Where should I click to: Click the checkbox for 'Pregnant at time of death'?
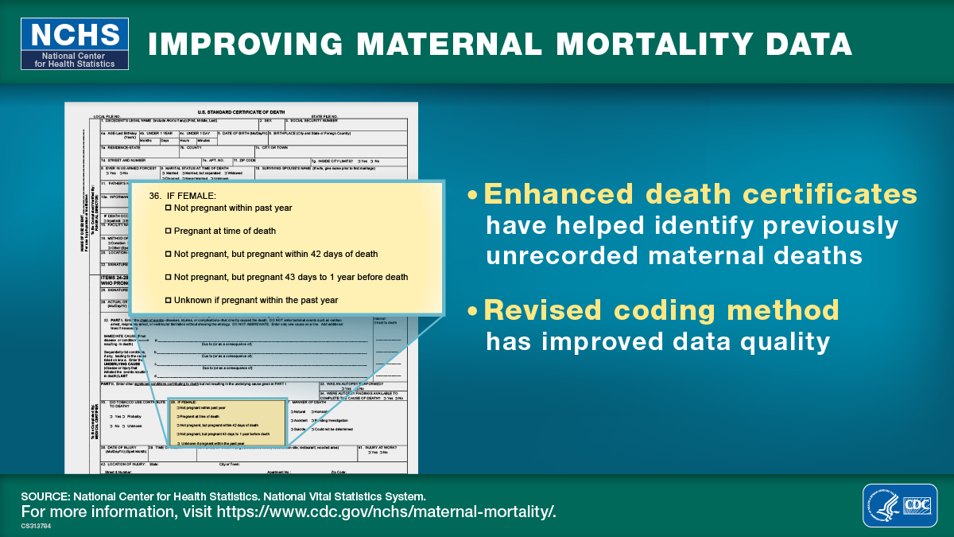tap(168, 231)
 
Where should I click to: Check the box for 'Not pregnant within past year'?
tap(168, 208)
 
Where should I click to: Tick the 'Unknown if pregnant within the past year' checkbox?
tap(168, 300)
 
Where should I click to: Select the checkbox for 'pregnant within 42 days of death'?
tap(168, 254)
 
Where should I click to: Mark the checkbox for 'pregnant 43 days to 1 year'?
tap(168, 277)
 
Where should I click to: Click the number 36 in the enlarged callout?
tap(155, 195)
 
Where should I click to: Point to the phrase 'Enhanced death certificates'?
tap(700, 194)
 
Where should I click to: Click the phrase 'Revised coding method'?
tap(661, 309)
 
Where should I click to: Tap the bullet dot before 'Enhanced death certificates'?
tap(474, 196)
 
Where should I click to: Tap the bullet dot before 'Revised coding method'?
tap(474, 311)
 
